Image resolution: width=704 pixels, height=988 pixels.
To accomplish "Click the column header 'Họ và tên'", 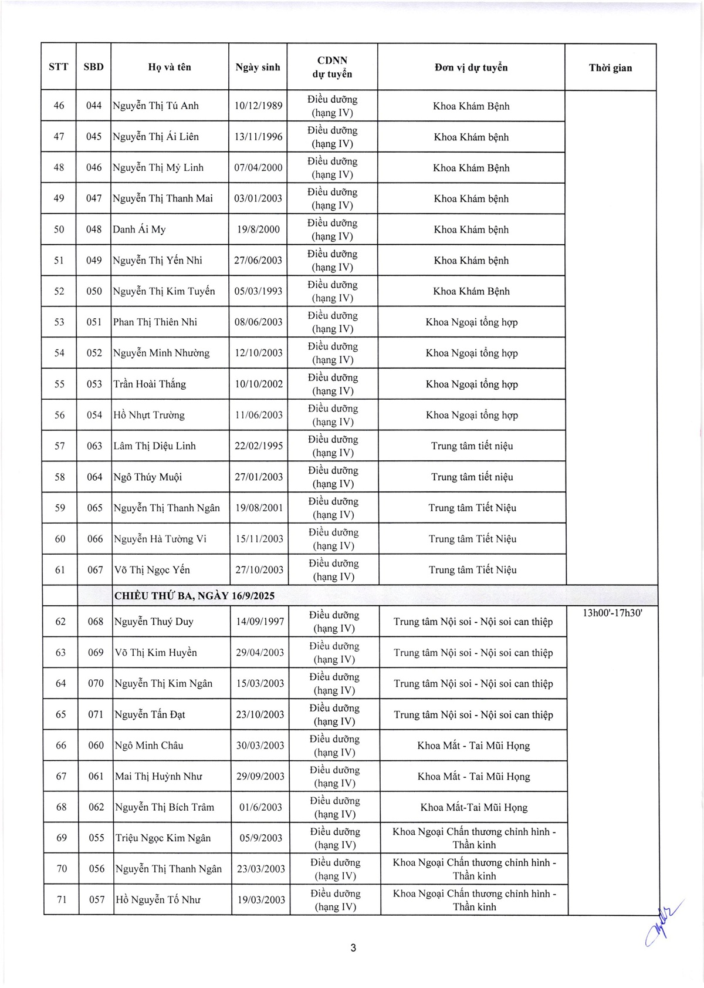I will click(x=170, y=67).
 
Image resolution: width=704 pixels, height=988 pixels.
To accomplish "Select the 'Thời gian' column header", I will click(x=610, y=68).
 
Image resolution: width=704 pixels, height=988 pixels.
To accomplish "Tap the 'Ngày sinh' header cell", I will click(x=258, y=67).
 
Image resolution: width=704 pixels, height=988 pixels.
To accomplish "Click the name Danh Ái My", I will click(x=139, y=229).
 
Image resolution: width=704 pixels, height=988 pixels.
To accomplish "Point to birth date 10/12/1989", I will click(x=258, y=106).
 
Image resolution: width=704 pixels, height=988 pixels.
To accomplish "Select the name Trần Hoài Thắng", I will click(x=150, y=384).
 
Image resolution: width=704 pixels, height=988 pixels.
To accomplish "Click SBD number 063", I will click(x=94, y=446).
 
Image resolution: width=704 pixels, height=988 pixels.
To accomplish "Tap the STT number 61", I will click(x=60, y=569).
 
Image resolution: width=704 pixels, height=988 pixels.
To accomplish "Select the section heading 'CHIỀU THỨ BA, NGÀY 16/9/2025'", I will click(x=195, y=596).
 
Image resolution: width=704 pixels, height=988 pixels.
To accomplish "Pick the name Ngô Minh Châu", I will click(x=149, y=745).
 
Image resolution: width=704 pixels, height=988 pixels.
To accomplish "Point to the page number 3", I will click(x=353, y=947).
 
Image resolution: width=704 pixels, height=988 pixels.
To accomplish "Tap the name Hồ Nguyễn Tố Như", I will click(x=158, y=899).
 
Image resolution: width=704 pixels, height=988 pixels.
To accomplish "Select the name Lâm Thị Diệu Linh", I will click(x=154, y=446).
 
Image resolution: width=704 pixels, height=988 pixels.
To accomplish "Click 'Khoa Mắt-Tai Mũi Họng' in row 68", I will click(x=474, y=807).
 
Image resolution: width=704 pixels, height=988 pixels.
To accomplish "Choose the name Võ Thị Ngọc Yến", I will click(x=153, y=569).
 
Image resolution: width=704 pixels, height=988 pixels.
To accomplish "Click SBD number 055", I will click(x=97, y=838).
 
